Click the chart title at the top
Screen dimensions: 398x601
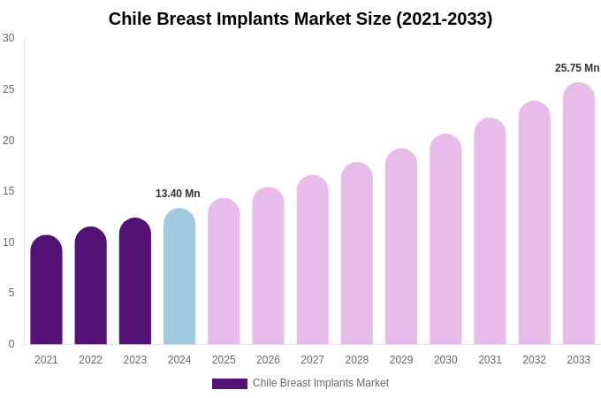click(x=300, y=19)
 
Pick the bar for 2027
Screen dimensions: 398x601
click(x=312, y=260)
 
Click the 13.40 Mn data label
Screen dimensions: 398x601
click(x=178, y=194)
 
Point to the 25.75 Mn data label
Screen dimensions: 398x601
click(x=577, y=68)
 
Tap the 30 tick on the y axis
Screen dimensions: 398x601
click(x=9, y=38)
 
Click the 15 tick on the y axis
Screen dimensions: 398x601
click(x=9, y=191)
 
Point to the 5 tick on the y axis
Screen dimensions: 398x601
click(x=11, y=293)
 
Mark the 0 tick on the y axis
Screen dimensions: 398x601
click(x=11, y=344)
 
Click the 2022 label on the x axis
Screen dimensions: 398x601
click(x=90, y=360)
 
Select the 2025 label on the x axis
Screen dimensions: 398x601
click(x=224, y=360)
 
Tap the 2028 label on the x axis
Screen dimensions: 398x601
click(x=357, y=360)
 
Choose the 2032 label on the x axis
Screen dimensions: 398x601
click(x=534, y=360)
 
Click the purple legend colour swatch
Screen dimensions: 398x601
click(x=230, y=384)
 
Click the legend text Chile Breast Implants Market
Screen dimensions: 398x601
click(x=321, y=383)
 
